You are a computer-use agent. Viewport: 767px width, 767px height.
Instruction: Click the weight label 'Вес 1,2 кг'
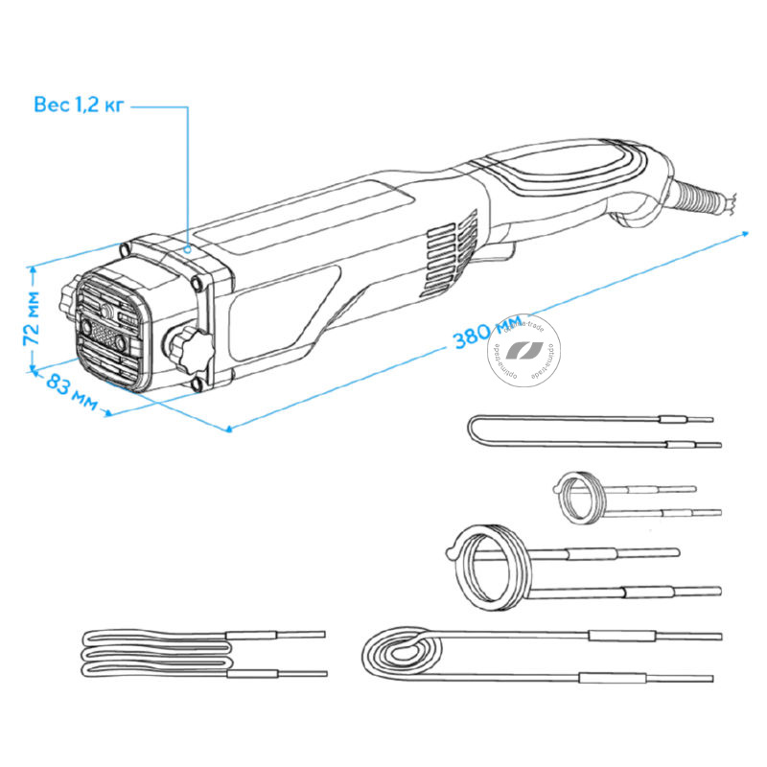[78, 105]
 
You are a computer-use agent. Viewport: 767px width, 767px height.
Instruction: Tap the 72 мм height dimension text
[32, 320]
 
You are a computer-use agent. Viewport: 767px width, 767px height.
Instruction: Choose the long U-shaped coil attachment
[575, 430]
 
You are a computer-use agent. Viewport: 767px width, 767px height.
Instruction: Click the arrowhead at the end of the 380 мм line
[745, 232]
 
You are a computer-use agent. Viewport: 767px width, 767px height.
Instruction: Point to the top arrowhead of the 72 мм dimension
[34, 271]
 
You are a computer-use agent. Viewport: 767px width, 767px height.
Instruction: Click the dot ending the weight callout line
[189, 247]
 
